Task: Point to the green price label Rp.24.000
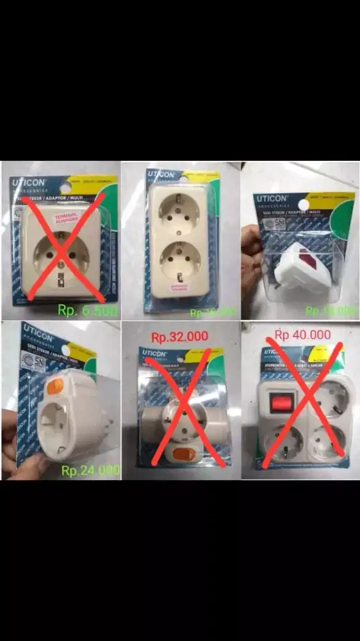pos(90,470)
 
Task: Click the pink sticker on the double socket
pos(177,288)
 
